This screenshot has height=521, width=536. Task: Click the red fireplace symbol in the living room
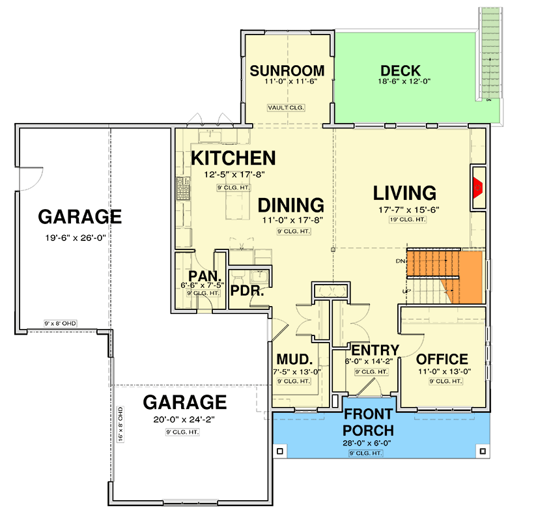coord(477,189)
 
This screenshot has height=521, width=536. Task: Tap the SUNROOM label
coord(287,71)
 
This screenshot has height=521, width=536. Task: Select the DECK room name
coord(400,71)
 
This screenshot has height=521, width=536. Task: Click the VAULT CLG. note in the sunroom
coord(287,107)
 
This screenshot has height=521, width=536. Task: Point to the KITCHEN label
coord(233,158)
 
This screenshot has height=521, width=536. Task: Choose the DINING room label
coord(290,205)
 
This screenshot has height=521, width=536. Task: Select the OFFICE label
coord(442,359)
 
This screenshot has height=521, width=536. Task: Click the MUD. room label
coord(295,359)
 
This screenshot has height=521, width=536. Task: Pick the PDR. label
coord(247,291)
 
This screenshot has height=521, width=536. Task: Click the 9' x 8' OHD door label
coord(57,323)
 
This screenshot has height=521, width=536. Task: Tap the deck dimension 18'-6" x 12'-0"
coord(400,82)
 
